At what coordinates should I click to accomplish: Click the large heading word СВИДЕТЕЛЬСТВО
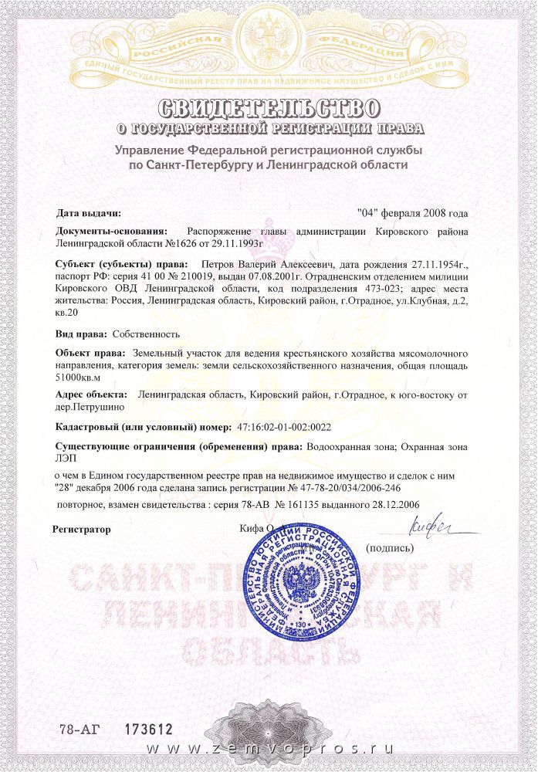click(x=269, y=106)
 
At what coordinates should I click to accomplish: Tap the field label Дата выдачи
click(x=89, y=212)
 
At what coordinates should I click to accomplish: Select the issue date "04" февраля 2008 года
click(x=413, y=212)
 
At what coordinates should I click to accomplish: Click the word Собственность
click(x=146, y=334)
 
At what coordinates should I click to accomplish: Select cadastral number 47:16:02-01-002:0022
click(x=288, y=426)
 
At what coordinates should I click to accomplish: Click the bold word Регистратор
click(x=82, y=530)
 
